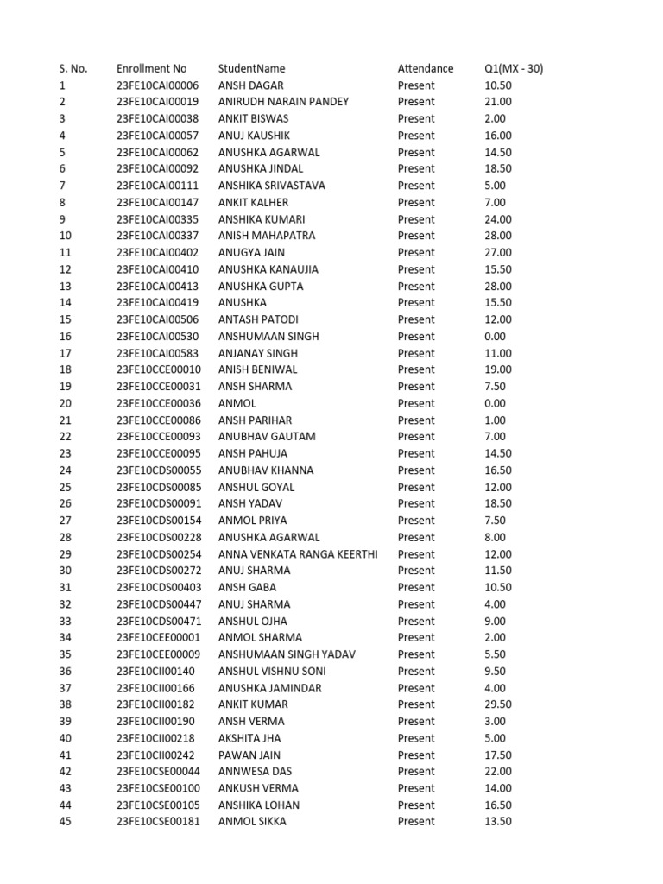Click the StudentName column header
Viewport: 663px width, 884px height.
click(251, 68)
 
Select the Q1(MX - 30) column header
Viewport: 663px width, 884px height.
click(514, 68)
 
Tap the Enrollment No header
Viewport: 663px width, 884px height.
click(151, 68)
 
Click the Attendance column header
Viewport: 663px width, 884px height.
click(425, 68)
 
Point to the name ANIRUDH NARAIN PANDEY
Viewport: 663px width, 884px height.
click(283, 102)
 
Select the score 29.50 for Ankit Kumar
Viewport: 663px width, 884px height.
click(498, 704)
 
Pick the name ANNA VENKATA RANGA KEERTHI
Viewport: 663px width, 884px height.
click(298, 554)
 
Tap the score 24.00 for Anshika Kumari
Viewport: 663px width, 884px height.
click(498, 219)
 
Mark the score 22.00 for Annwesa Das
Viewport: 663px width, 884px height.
click(498, 771)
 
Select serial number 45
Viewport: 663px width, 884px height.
click(65, 821)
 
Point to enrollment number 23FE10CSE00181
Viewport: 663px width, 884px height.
click(158, 821)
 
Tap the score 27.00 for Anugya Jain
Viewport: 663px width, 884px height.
click(498, 252)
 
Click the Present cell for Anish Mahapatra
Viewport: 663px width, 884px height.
click(416, 236)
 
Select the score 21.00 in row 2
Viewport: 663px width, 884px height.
click(498, 102)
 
